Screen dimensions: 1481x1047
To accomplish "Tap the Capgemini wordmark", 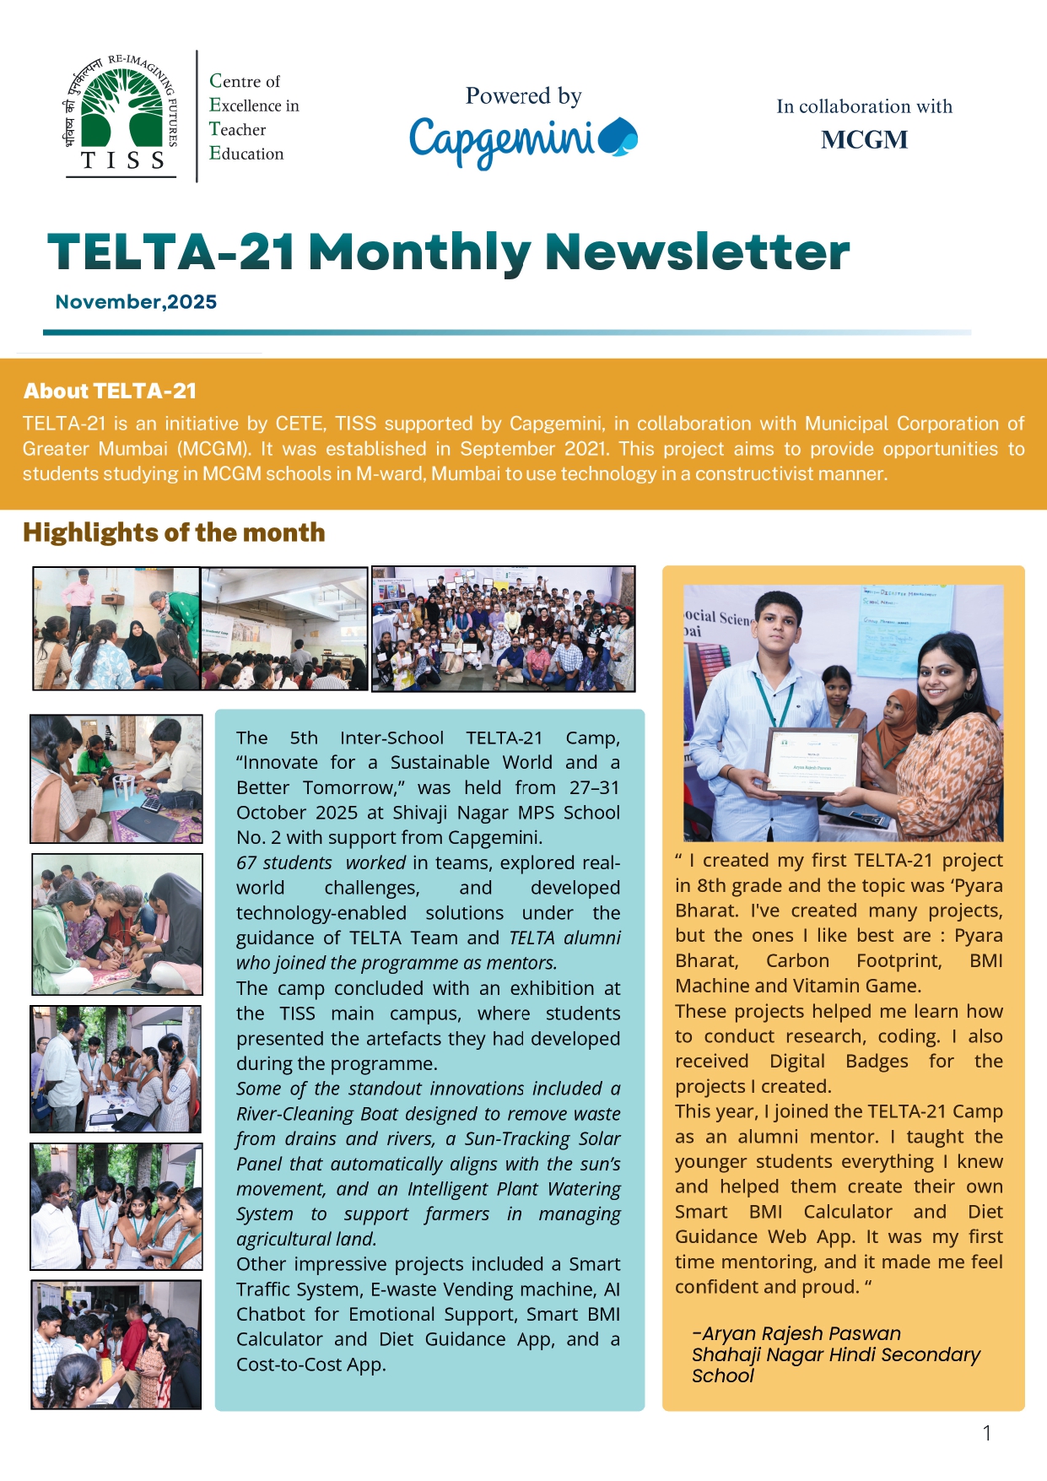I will (523, 140).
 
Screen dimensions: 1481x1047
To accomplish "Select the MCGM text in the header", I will (864, 140).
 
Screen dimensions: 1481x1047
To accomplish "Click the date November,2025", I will (136, 302).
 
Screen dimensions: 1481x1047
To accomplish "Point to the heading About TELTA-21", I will (110, 391).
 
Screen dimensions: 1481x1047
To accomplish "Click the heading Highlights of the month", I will (174, 532).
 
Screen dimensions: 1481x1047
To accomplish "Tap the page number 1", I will (986, 1433).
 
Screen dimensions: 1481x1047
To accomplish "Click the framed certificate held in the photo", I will (812, 762).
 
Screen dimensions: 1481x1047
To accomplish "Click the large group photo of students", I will (503, 629).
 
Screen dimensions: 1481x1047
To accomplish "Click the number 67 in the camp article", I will (246, 863).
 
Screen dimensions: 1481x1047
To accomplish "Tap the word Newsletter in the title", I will (697, 252).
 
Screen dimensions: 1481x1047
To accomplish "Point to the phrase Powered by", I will (523, 96).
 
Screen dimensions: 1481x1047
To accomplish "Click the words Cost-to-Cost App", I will (310, 1365).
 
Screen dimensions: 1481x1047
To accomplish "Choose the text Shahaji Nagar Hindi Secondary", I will (835, 1354).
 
